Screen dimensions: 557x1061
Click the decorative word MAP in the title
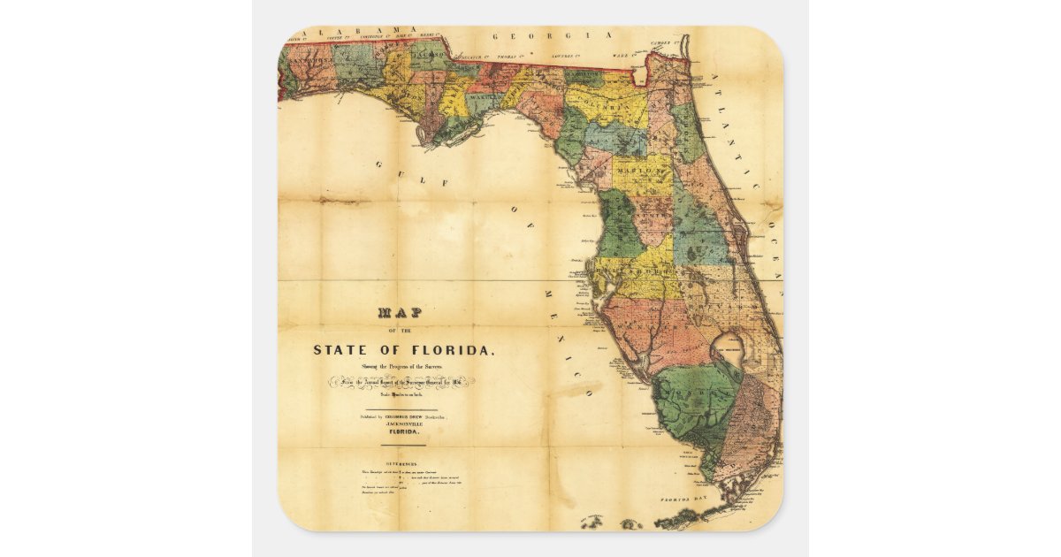point(401,312)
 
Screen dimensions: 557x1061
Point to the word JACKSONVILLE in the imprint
point(403,423)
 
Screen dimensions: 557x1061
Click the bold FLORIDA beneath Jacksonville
point(403,432)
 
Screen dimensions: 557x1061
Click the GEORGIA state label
point(553,35)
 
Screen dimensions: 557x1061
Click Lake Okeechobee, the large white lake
point(733,350)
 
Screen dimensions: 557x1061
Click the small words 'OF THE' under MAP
point(401,330)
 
